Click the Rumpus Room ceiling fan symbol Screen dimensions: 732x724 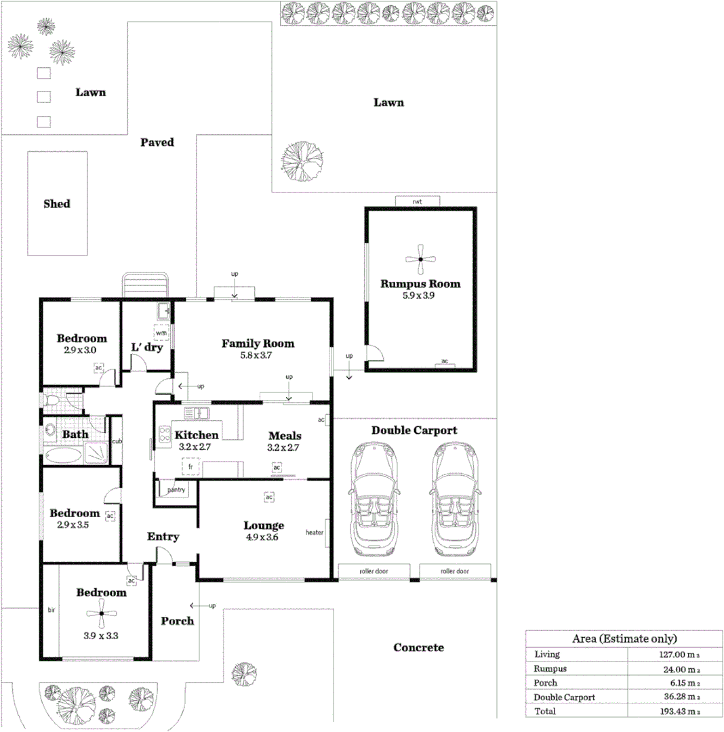tap(420, 259)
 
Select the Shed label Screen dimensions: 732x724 tap(57, 203)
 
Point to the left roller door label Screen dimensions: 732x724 tap(373, 571)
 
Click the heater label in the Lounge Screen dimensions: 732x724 tap(315, 532)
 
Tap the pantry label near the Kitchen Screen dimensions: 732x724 tap(176, 490)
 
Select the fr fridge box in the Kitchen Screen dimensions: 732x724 tap(191, 467)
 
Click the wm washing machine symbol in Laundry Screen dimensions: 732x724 tap(161, 333)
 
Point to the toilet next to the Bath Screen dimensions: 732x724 tap(52, 401)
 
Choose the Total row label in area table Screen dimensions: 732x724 tap(545, 711)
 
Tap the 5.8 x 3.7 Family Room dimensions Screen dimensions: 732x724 tap(258, 355)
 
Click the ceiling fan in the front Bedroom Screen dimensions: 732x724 tap(101, 615)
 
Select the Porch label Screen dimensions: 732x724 tap(177, 621)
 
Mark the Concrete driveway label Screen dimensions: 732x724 tap(419, 648)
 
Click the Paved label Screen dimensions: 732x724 tap(157, 142)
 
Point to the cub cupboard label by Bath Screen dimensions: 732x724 tap(116, 442)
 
